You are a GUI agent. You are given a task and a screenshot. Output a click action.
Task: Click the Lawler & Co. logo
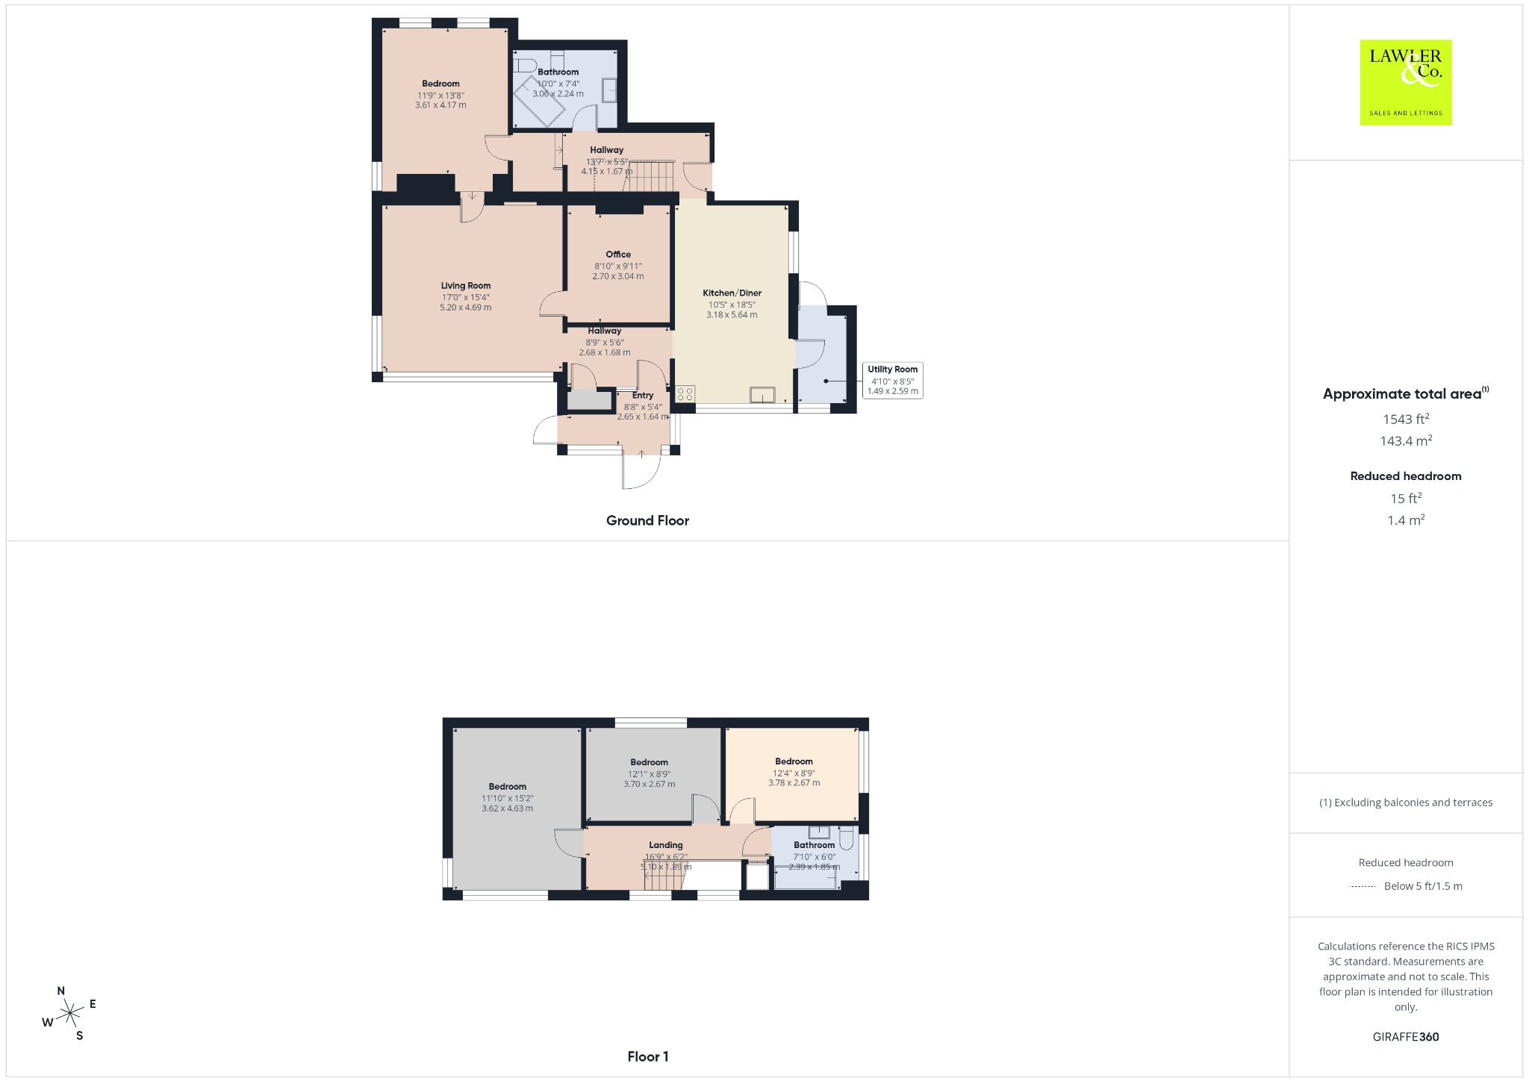tap(1405, 82)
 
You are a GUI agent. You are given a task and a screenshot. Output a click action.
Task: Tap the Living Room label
tap(466, 286)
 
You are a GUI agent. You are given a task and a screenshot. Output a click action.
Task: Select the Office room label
tap(618, 255)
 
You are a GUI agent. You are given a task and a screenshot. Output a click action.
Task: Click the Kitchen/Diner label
tap(732, 293)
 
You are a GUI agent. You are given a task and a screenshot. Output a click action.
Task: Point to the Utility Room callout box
tap(893, 380)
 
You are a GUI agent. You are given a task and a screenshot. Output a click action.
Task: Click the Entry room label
tap(643, 396)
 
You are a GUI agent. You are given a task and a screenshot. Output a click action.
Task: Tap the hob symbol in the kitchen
tap(685, 394)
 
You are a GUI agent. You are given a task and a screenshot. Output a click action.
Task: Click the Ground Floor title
tap(647, 521)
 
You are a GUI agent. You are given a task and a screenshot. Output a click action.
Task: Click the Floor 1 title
tap(648, 1056)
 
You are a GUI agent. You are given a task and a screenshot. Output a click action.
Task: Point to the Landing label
tap(666, 845)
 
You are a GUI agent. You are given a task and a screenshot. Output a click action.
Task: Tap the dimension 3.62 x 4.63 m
tap(508, 809)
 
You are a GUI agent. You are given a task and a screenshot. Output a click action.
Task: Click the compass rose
tap(70, 1013)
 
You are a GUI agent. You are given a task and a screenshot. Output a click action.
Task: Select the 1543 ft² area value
tap(1406, 419)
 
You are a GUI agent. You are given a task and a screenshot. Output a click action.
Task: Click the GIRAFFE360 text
tap(1406, 1037)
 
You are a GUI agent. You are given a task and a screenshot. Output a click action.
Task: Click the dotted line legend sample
tap(1363, 887)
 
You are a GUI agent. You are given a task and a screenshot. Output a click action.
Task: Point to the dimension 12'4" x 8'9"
tap(794, 773)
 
